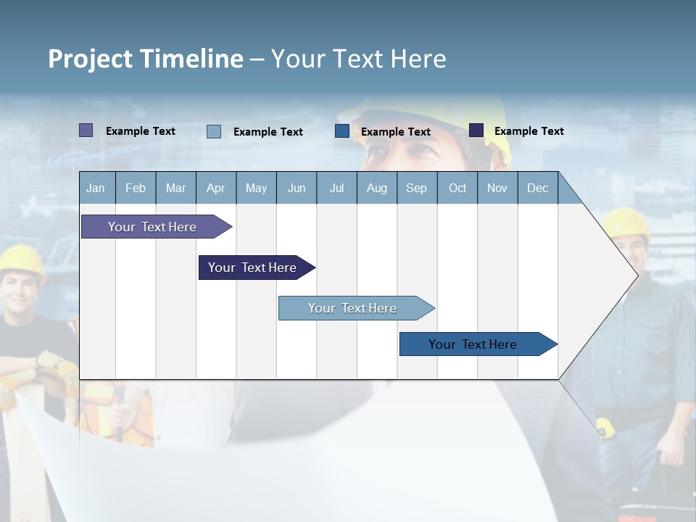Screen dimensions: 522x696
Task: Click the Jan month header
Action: pos(96,188)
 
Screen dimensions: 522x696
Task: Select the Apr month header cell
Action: pos(216,188)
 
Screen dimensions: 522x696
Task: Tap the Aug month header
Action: pos(377,188)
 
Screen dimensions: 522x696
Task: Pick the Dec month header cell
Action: pos(537,188)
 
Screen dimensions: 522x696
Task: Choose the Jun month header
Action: pos(297,188)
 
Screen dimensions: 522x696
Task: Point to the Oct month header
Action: pos(457,188)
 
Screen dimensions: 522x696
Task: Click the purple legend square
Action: pos(86,130)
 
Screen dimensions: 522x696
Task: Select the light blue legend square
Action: pos(214,131)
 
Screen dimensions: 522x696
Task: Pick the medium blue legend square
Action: pos(342,131)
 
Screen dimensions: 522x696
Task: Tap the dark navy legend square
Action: pos(476,130)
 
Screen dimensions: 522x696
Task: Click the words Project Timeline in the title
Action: pos(146,59)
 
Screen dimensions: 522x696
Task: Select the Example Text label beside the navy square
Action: pos(529,131)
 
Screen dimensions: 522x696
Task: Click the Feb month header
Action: pos(136,188)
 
